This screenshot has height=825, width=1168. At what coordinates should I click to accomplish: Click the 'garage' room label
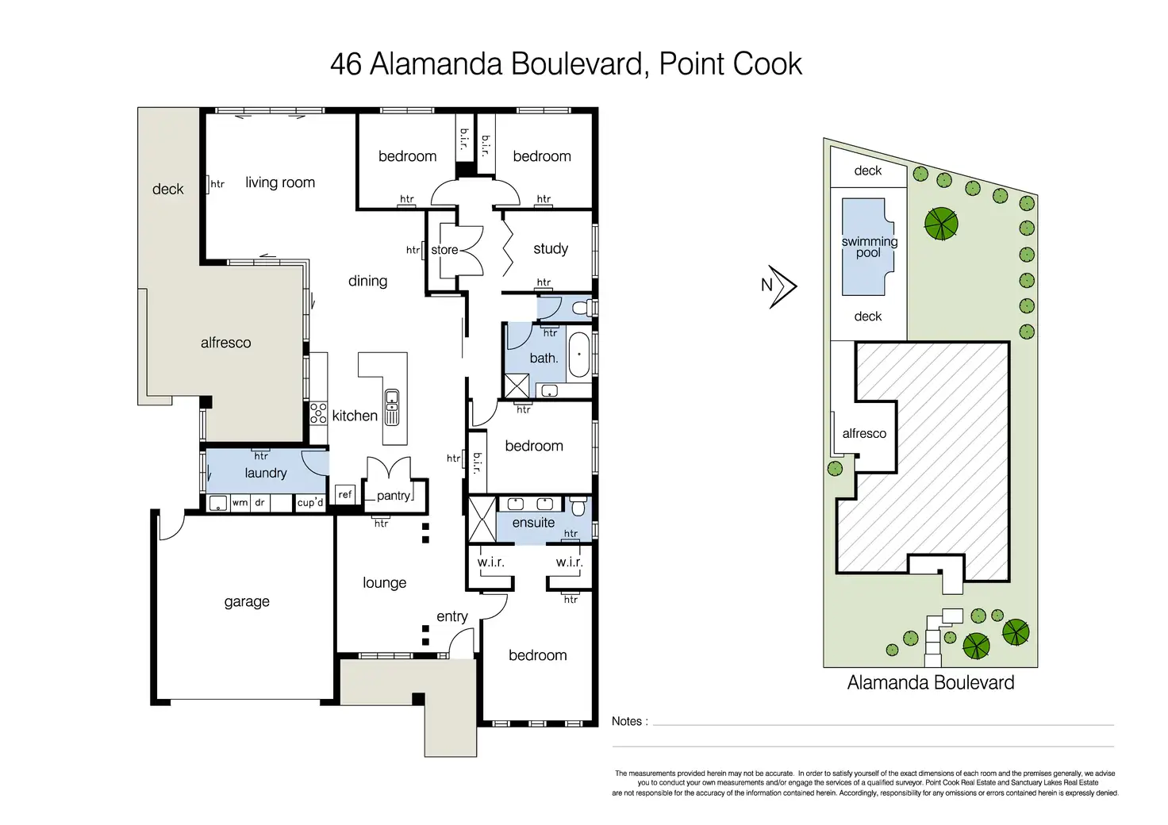pyautogui.click(x=247, y=602)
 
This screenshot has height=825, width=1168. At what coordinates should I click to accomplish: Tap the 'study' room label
pyautogui.click(x=551, y=249)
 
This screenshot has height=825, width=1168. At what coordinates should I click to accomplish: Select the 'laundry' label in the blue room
pyautogui.click(x=265, y=474)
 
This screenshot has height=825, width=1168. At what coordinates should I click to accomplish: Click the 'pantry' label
pyautogui.click(x=394, y=496)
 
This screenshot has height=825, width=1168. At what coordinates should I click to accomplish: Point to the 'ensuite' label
pyautogui.click(x=533, y=523)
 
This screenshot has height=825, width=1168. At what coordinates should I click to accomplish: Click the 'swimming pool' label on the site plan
pyautogui.click(x=869, y=247)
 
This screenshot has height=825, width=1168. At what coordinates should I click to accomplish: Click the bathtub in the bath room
pyautogui.click(x=579, y=355)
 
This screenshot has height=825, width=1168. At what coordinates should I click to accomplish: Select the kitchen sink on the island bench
pyautogui.click(x=392, y=408)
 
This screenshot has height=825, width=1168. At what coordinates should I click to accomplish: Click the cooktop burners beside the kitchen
pyautogui.click(x=318, y=413)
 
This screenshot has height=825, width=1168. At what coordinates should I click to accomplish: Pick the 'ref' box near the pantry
pyautogui.click(x=344, y=494)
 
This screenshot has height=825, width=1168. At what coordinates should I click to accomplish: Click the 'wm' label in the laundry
pyautogui.click(x=239, y=503)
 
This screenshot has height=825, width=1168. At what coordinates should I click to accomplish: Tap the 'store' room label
pyautogui.click(x=444, y=250)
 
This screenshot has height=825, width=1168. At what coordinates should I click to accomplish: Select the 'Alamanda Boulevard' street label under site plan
pyautogui.click(x=930, y=683)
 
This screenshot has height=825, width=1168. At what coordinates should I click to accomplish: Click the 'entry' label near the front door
pyautogui.click(x=452, y=616)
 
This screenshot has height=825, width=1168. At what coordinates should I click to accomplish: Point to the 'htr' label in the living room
pyautogui.click(x=217, y=184)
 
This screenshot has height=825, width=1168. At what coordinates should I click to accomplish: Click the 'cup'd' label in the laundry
pyautogui.click(x=309, y=503)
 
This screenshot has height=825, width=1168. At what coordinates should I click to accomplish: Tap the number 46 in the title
pyautogui.click(x=346, y=64)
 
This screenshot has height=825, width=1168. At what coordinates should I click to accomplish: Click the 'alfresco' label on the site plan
pyautogui.click(x=864, y=434)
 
